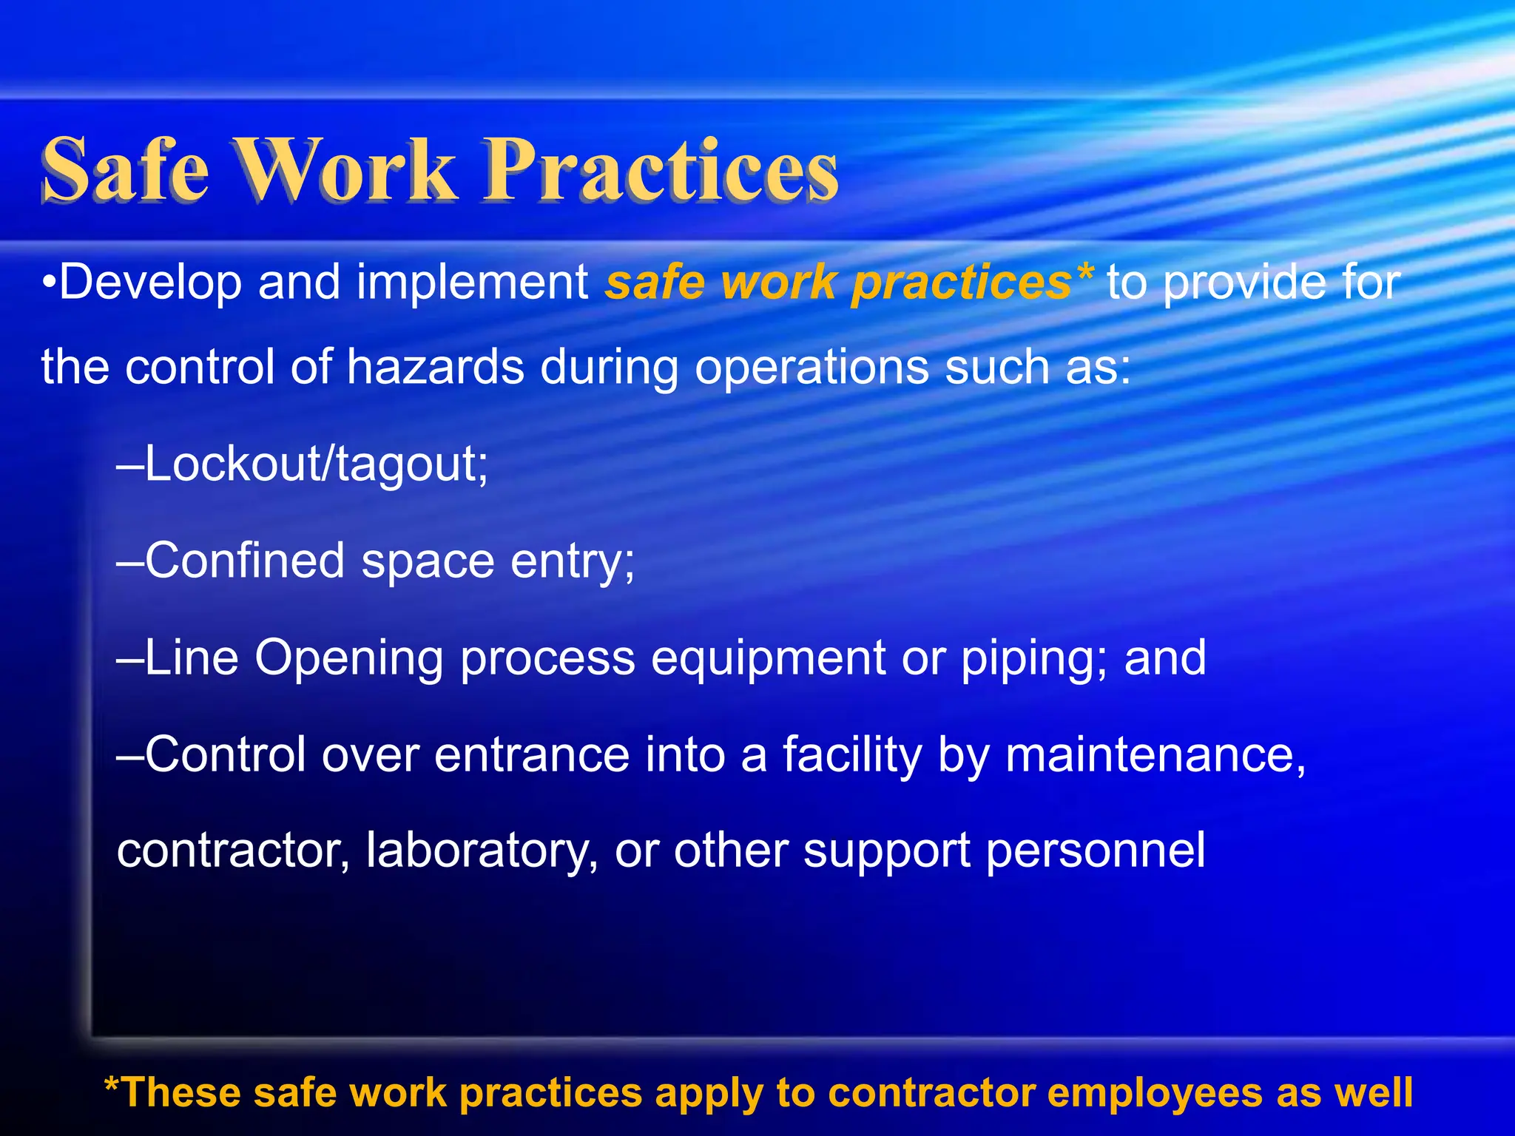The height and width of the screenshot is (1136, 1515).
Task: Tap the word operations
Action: (811, 368)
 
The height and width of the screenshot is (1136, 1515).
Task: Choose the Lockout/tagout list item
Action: (303, 465)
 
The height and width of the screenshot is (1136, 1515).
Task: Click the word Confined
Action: (244, 561)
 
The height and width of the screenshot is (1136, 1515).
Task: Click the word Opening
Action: (348, 658)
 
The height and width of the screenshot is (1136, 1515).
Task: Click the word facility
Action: (851, 755)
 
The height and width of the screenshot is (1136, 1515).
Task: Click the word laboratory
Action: (482, 851)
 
